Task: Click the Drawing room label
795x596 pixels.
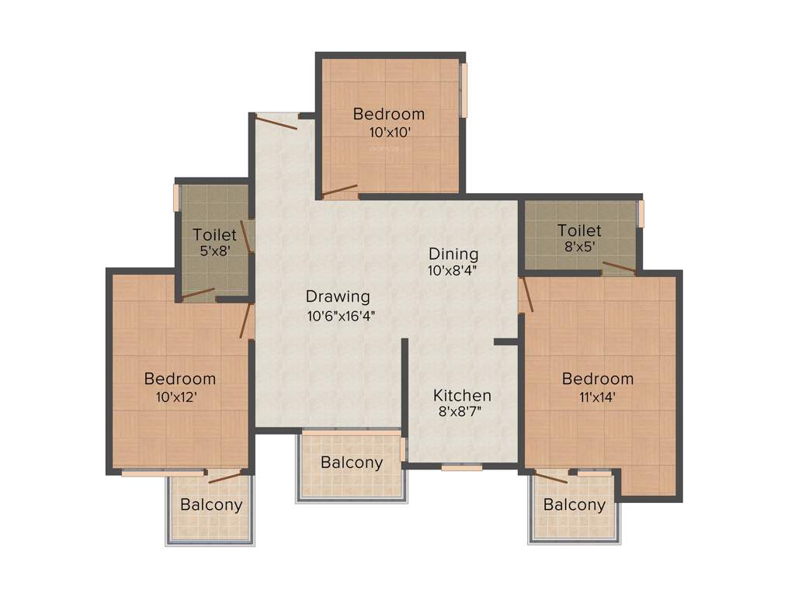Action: click(338, 296)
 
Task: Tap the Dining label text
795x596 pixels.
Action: click(453, 254)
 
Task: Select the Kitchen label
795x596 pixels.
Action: click(462, 394)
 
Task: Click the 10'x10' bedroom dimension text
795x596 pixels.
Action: click(389, 132)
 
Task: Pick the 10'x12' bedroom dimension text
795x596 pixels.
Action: click(179, 397)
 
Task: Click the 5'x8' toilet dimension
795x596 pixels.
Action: click(214, 251)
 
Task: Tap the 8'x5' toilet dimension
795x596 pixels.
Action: click(579, 248)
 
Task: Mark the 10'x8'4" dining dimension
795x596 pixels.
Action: click(452, 271)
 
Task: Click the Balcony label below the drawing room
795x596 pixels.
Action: click(352, 463)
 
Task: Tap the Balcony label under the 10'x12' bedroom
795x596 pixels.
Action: click(211, 504)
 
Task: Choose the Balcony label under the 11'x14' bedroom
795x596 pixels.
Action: click(575, 505)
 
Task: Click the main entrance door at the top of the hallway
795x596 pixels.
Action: click(276, 122)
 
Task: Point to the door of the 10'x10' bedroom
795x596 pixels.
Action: click(340, 191)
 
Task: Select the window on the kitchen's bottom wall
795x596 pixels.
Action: click(462, 467)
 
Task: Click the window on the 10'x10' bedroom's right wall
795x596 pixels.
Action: click(464, 90)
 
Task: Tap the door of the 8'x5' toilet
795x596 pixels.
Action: click(618, 269)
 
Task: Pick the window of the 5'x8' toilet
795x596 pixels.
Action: click(176, 197)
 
